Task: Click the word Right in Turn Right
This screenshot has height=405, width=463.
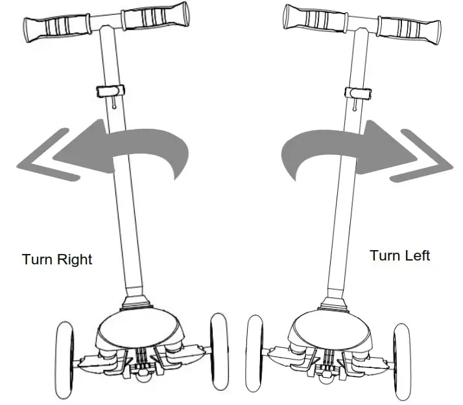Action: click(75, 260)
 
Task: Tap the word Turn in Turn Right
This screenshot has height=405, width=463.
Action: click(38, 259)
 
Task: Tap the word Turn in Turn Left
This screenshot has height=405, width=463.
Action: click(383, 255)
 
